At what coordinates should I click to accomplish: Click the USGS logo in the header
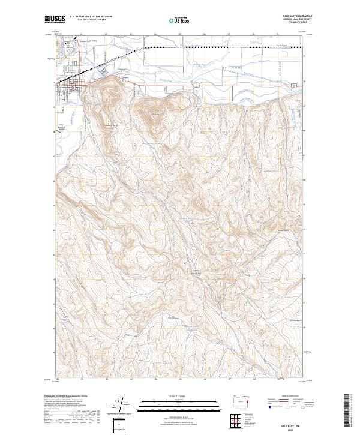pyautogui.click(x=55, y=19)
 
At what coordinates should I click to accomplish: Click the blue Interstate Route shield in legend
pyautogui.click(x=267, y=407)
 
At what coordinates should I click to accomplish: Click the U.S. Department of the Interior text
pyautogui.click(x=91, y=16)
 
